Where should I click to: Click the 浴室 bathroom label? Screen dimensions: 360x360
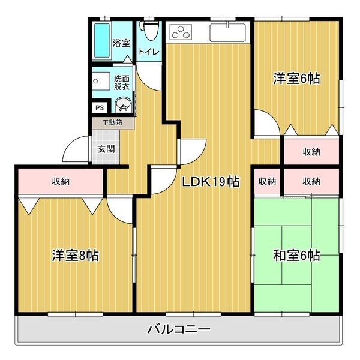click(122, 43)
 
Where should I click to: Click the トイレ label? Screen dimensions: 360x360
click(149, 52)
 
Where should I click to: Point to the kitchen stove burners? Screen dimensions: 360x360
click(180, 32)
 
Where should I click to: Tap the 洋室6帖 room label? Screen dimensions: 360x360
click(296, 78)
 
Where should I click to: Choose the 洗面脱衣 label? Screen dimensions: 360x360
click(122, 82)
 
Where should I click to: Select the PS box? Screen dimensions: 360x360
click(100, 108)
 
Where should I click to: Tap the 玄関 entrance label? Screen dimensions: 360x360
click(106, 149)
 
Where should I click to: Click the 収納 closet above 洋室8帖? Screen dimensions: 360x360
click(60, 181)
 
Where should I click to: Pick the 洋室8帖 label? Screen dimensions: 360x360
click(75, 255)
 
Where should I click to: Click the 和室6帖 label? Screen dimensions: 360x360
click(296, 256)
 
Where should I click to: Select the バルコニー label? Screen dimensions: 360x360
click(179, 329)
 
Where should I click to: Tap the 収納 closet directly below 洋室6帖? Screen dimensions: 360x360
click(311, 151)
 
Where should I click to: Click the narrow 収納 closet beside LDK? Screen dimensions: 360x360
click(267, 181)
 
